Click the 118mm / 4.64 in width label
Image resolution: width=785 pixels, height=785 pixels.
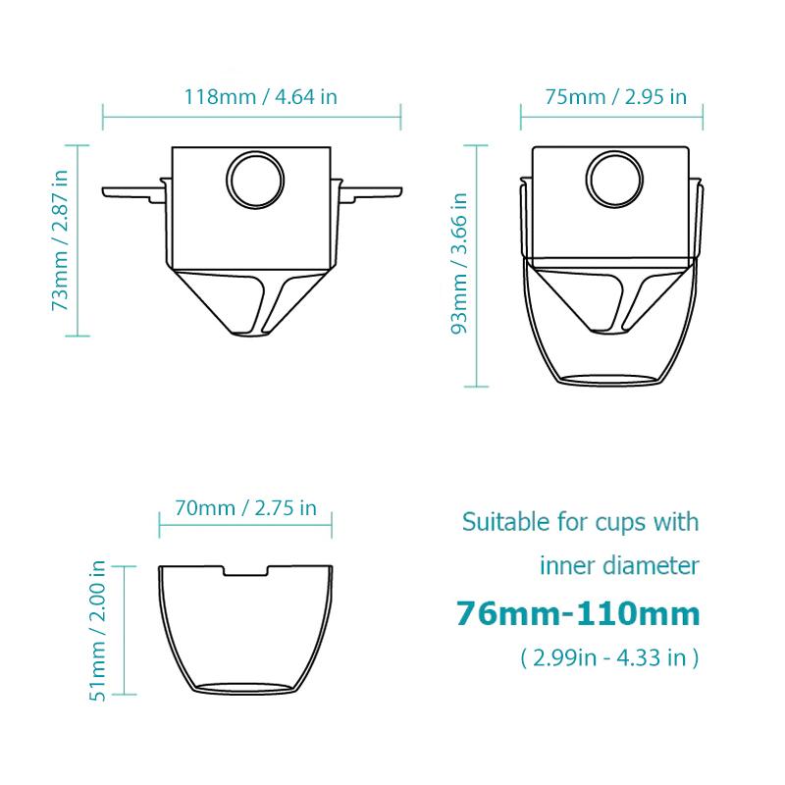click(x=253, y=97)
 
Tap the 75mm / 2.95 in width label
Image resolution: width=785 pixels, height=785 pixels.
click(x=615, y=97)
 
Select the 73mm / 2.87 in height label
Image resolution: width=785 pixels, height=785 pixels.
click(x=61, y=240)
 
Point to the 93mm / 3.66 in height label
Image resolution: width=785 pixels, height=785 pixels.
click(x=457, y=263)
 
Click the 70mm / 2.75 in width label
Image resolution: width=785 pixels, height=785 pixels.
click(x=245, y=507)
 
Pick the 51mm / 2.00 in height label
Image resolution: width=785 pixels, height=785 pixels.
click(x=96, y=630)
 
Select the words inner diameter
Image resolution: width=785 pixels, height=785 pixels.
click(x=618, y=565)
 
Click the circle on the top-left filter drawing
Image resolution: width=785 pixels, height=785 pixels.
click(x=254, y=181)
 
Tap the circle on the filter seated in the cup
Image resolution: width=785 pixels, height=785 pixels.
click(x=615, y=181)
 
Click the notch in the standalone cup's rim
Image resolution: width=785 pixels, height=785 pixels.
click(x=245, y=571)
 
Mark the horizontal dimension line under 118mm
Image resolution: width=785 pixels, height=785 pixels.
click(x=252, y=118)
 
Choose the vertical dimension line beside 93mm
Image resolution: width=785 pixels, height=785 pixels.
click(x=478, y=263)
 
